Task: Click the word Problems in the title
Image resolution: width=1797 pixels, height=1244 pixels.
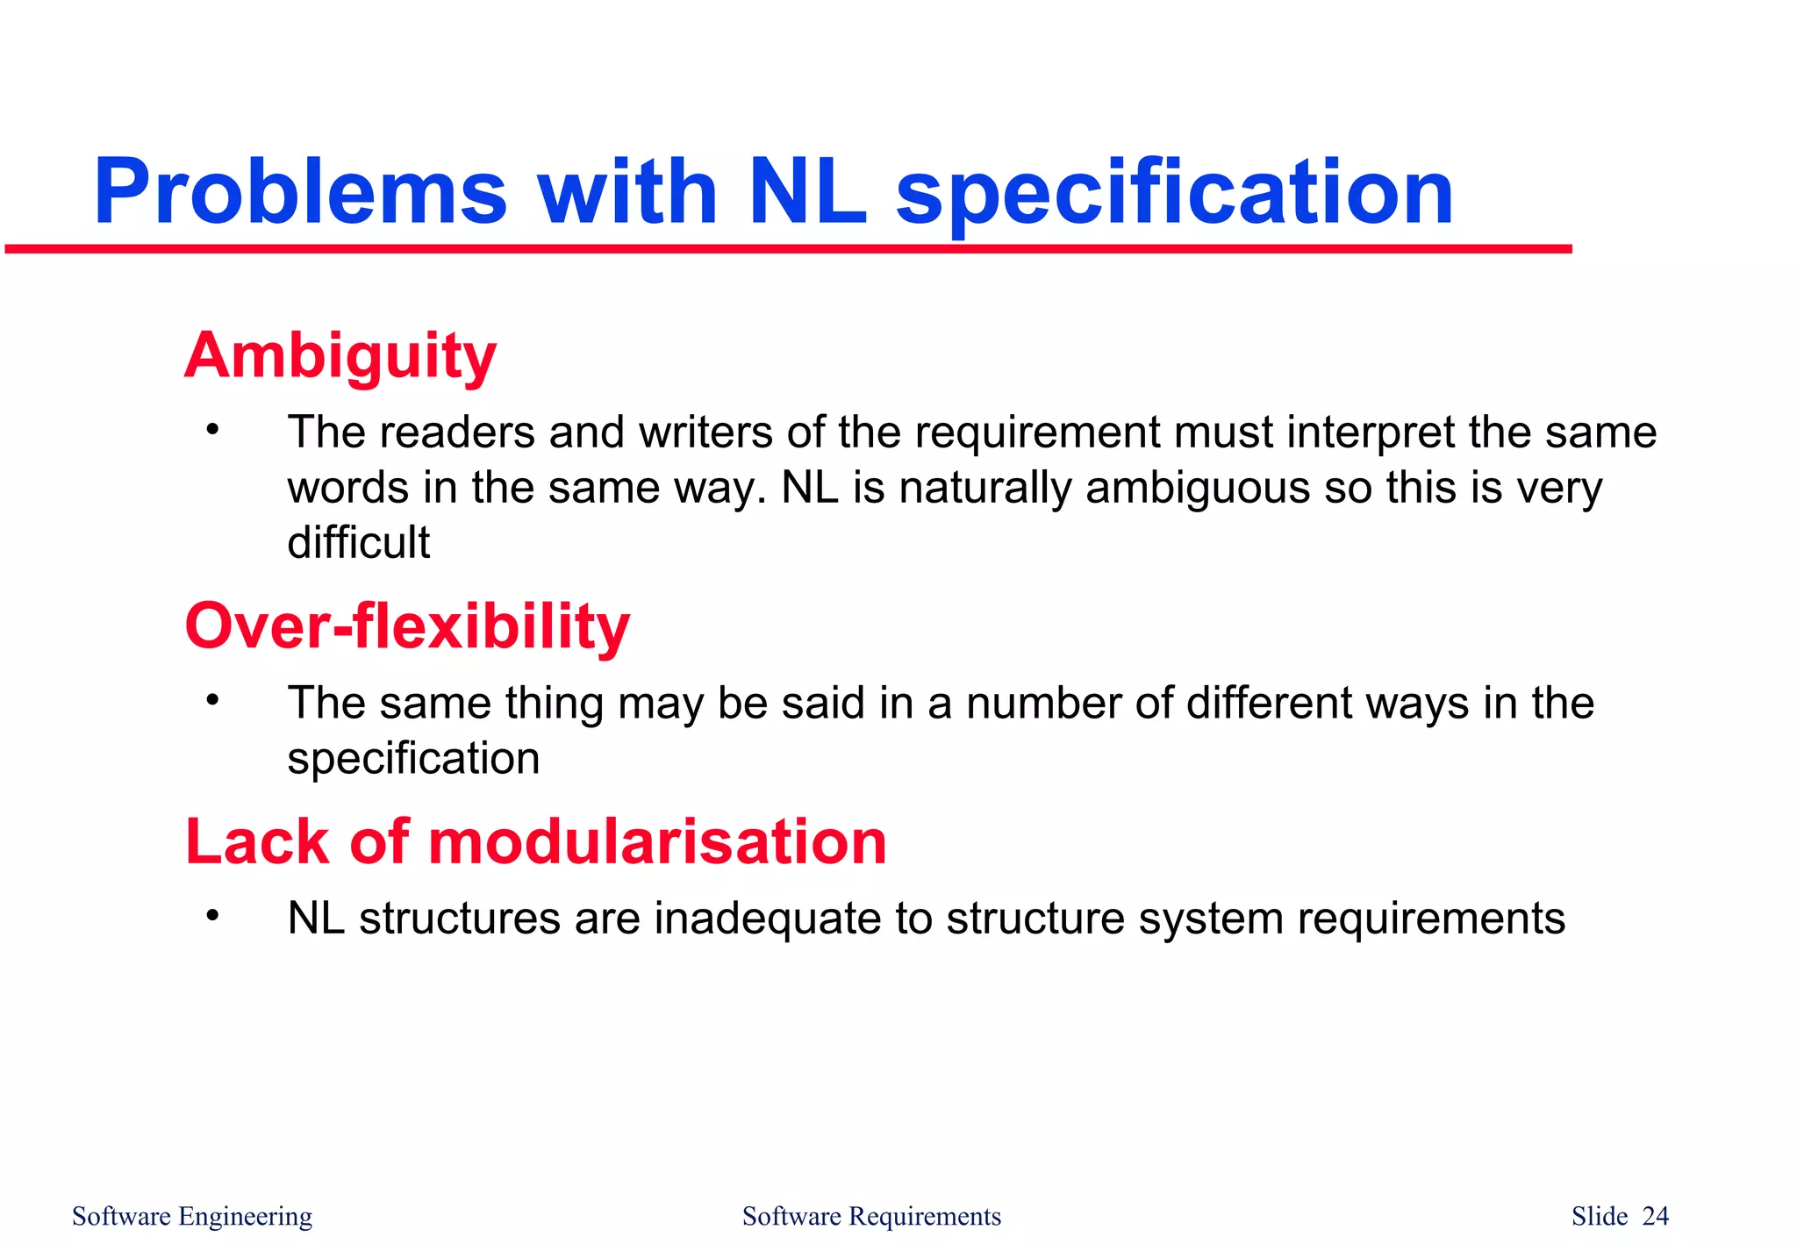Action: [300, 191]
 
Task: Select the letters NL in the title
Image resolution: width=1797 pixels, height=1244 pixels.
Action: [807, 191]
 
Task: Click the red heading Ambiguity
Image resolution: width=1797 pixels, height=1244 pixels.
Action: [340, 357]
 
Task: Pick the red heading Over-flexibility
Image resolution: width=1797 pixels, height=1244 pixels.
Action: [407, 627]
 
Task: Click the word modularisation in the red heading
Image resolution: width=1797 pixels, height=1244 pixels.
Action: [657, 842]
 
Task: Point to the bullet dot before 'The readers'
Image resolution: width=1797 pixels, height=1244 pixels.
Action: [211, 430]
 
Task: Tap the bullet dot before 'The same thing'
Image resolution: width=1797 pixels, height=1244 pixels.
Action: [211, 700]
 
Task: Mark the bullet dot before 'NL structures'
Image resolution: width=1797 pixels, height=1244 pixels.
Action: [211, 916]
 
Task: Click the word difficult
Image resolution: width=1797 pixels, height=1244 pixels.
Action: [358, 542]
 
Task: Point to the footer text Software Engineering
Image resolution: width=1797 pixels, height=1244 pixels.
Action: [192, 1216]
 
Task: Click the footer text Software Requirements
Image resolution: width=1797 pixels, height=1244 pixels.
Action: [871, 1216]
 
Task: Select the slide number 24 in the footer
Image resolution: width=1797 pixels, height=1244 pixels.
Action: [1655, 1216]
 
